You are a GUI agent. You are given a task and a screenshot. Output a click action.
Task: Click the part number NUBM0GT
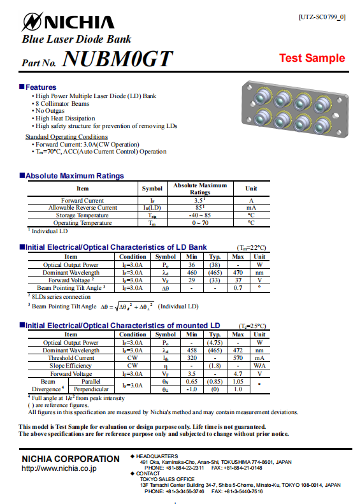(118, 60)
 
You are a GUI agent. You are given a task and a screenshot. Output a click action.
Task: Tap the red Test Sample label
(312, 58)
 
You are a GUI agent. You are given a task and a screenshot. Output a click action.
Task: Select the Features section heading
(40, 87)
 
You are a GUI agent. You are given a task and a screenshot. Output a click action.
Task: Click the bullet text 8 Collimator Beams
(62, 103)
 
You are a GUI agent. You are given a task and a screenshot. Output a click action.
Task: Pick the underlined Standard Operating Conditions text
(66, 137)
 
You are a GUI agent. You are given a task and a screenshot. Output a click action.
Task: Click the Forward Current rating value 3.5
(199, 200)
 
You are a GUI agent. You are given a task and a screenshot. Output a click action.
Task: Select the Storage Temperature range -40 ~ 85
(199, 215)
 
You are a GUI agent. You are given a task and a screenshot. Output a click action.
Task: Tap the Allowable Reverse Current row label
(83, 208)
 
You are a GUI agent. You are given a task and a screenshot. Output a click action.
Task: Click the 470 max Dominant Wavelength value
(238, 272)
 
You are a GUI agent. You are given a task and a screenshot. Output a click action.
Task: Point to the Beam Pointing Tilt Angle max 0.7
(238, 288)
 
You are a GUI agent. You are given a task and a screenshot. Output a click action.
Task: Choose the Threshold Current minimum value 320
(191, 358)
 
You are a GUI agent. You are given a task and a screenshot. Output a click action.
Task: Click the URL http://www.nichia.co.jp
(59, 468)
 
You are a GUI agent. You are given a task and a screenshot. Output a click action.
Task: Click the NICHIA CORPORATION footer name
(71, 459)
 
